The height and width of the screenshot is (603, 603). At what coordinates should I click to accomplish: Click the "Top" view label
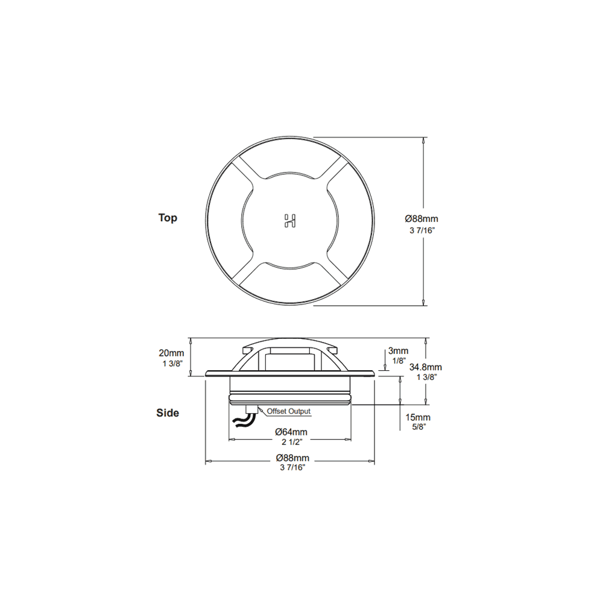168,218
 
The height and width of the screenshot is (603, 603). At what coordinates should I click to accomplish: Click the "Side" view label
168,413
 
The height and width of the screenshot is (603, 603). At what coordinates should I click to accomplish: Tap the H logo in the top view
289,221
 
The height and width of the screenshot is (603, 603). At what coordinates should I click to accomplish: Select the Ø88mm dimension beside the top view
421,219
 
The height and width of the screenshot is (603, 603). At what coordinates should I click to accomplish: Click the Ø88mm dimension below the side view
292,458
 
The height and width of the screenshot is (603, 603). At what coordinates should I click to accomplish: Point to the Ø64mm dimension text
291,432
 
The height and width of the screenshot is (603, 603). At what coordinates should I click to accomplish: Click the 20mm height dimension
171,353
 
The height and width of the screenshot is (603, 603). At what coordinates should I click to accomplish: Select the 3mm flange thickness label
398,351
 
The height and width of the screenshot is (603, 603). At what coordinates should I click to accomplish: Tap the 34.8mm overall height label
425,367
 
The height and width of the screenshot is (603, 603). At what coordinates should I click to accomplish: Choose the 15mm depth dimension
418,417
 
